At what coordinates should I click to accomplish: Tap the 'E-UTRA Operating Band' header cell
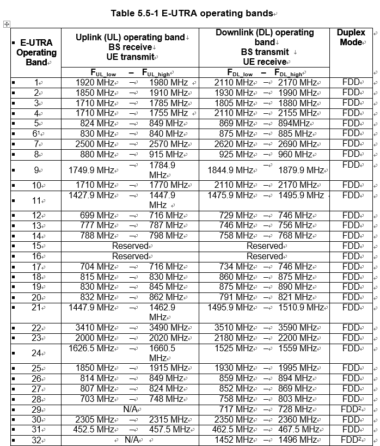click(36, 52)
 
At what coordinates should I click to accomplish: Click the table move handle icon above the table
click(7, 24)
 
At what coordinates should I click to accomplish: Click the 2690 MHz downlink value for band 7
click(297, 144)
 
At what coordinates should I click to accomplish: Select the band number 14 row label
click(37, 236)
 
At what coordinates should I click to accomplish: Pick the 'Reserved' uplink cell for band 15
click(130, 246)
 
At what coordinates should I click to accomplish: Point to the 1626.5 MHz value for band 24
click(91, 348)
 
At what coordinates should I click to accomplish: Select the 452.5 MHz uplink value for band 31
click(95, 430)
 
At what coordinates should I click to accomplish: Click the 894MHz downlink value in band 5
click(294, 124)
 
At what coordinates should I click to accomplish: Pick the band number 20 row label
click(37, 297)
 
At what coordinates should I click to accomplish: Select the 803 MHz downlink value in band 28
click(295, 399)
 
